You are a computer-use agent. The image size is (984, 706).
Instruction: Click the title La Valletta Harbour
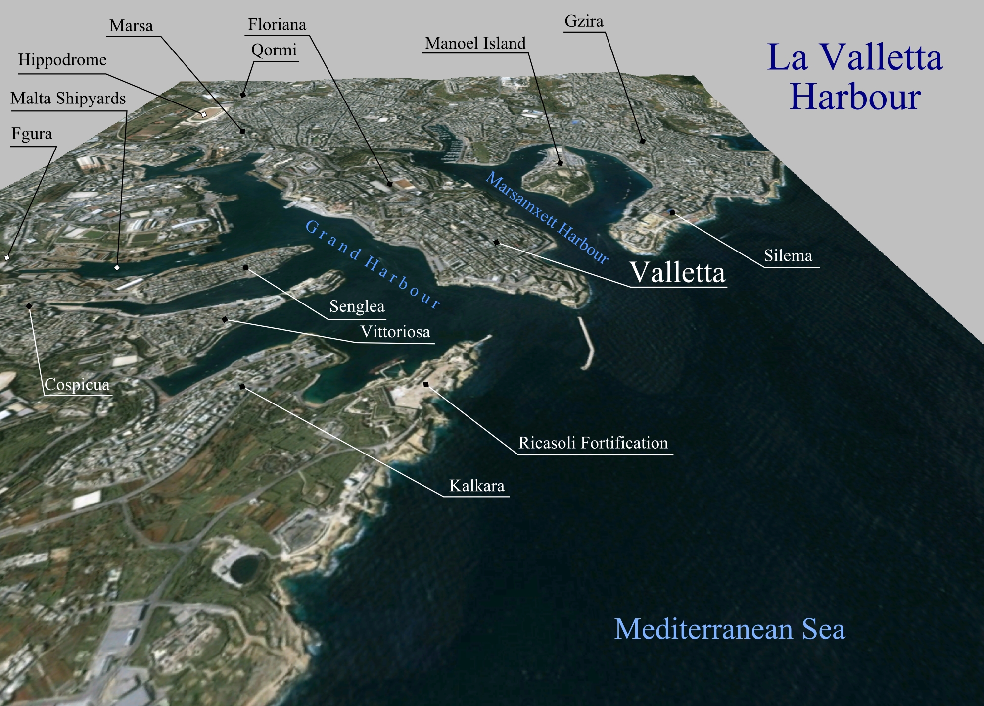[x=854, y=77]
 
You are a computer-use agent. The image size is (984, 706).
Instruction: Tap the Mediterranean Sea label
[x=729, y=629]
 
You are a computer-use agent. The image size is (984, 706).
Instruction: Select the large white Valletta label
[x=677, y=272]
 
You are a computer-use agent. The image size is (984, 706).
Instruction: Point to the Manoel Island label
[x=475, y=44]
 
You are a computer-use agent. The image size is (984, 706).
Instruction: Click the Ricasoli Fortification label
[x=593, y=443]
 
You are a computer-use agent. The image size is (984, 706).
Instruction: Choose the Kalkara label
[x=476, y=486]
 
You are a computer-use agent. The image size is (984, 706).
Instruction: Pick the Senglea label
[x=357, y=306]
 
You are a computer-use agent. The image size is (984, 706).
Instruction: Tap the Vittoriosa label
[x=395, y=332]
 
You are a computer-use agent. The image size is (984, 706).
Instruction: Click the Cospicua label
[x=77, y=385]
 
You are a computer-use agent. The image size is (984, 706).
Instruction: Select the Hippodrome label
[x=62, y=60]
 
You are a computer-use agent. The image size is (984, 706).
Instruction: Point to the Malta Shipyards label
[x=68, y=99]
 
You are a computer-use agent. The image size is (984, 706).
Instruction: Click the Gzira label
[x=584, y=22]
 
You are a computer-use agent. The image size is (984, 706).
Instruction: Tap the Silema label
[x=788, y=256]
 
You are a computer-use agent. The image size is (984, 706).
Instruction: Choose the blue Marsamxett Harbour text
[x=547, y=217]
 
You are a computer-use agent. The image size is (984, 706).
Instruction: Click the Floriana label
[x=277, y=25]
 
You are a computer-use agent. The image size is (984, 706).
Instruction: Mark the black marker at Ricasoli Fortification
[x=426, y=384]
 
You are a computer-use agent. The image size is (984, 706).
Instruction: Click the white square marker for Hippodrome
[x=203, y=114]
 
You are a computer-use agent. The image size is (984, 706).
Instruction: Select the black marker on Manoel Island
[x=560, y=162]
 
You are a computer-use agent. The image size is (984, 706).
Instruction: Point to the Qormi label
[x=274, y=50]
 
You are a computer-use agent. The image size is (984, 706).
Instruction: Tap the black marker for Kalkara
[x=242, y=386]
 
